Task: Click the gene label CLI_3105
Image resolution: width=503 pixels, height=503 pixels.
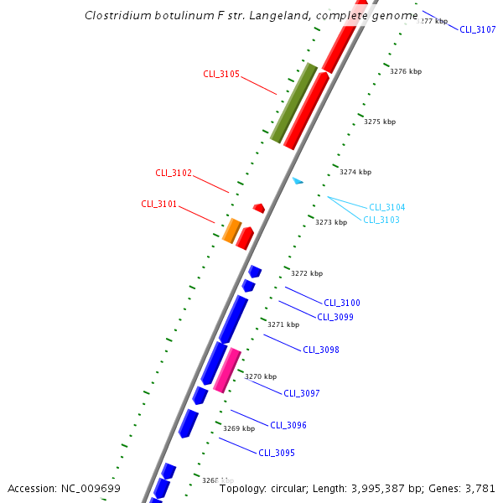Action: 221,74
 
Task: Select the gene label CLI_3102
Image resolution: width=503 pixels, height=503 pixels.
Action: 174,174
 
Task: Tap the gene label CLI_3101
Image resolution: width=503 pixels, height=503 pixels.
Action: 159,204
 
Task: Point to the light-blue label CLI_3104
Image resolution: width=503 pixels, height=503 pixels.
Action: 387,207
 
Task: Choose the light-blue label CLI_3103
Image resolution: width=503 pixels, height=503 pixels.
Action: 381,220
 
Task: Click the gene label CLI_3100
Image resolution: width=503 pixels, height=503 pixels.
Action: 342,303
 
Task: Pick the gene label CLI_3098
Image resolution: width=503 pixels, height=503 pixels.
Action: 321,350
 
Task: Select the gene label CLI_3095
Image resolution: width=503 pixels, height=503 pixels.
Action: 277,453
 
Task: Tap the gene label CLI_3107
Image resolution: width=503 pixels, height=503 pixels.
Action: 478,29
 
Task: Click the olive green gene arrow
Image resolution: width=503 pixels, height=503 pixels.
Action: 293,102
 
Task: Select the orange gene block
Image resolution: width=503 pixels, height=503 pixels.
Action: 231,231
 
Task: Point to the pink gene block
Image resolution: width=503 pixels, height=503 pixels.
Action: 227,371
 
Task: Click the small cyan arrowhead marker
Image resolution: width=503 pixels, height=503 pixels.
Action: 298,180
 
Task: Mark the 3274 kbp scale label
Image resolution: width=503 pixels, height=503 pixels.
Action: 355,172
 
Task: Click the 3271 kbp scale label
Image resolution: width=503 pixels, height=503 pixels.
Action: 283,324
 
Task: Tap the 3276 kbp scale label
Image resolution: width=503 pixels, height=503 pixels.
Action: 406,72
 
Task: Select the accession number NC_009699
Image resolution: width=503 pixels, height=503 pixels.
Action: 90,488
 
